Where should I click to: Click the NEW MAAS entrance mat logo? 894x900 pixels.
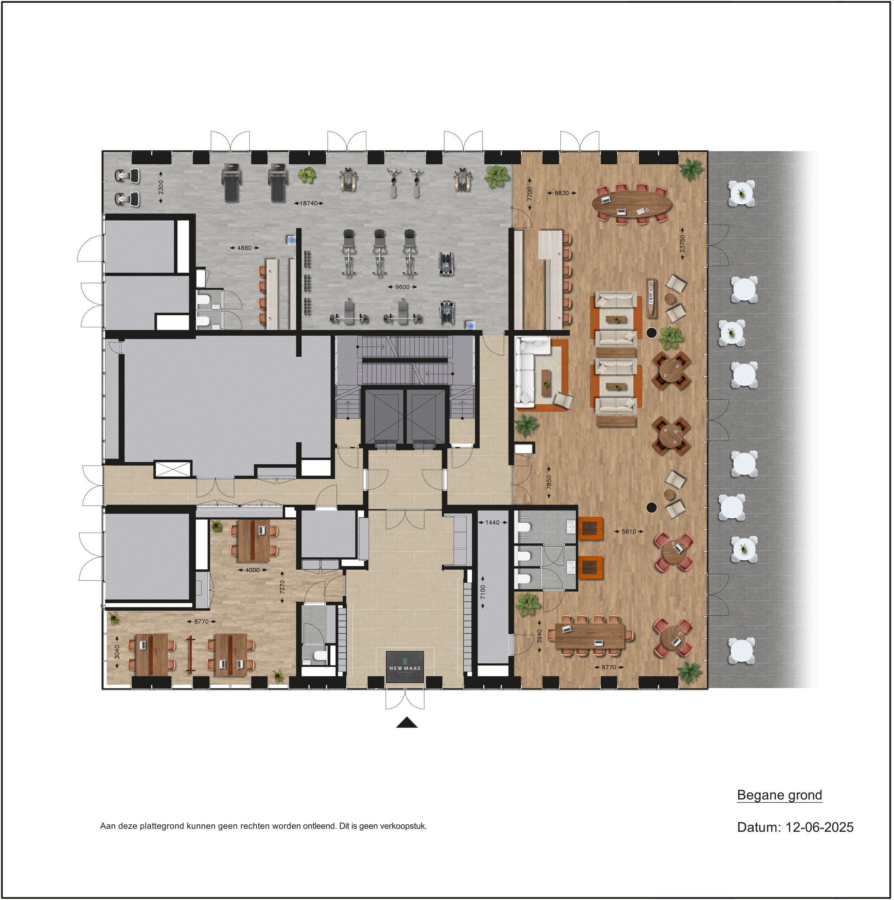tap(405, 667)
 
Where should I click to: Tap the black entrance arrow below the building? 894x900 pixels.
tap(407, 722)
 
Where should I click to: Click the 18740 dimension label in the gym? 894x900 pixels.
tap(308, 204)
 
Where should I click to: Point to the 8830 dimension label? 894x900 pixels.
tap(562, 193)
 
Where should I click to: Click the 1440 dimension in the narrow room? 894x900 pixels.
tap(493, 522)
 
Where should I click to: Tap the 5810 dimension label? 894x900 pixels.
tap(629, 531)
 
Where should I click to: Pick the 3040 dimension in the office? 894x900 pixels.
tap(117, 652)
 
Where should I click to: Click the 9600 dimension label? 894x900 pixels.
tap(402, 287)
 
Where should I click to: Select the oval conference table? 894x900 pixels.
tap(632, 204)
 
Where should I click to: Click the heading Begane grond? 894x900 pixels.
tap(779, 795)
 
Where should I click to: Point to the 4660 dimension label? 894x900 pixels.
tap(245, 248)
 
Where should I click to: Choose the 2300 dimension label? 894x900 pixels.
tap(161, 187)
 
